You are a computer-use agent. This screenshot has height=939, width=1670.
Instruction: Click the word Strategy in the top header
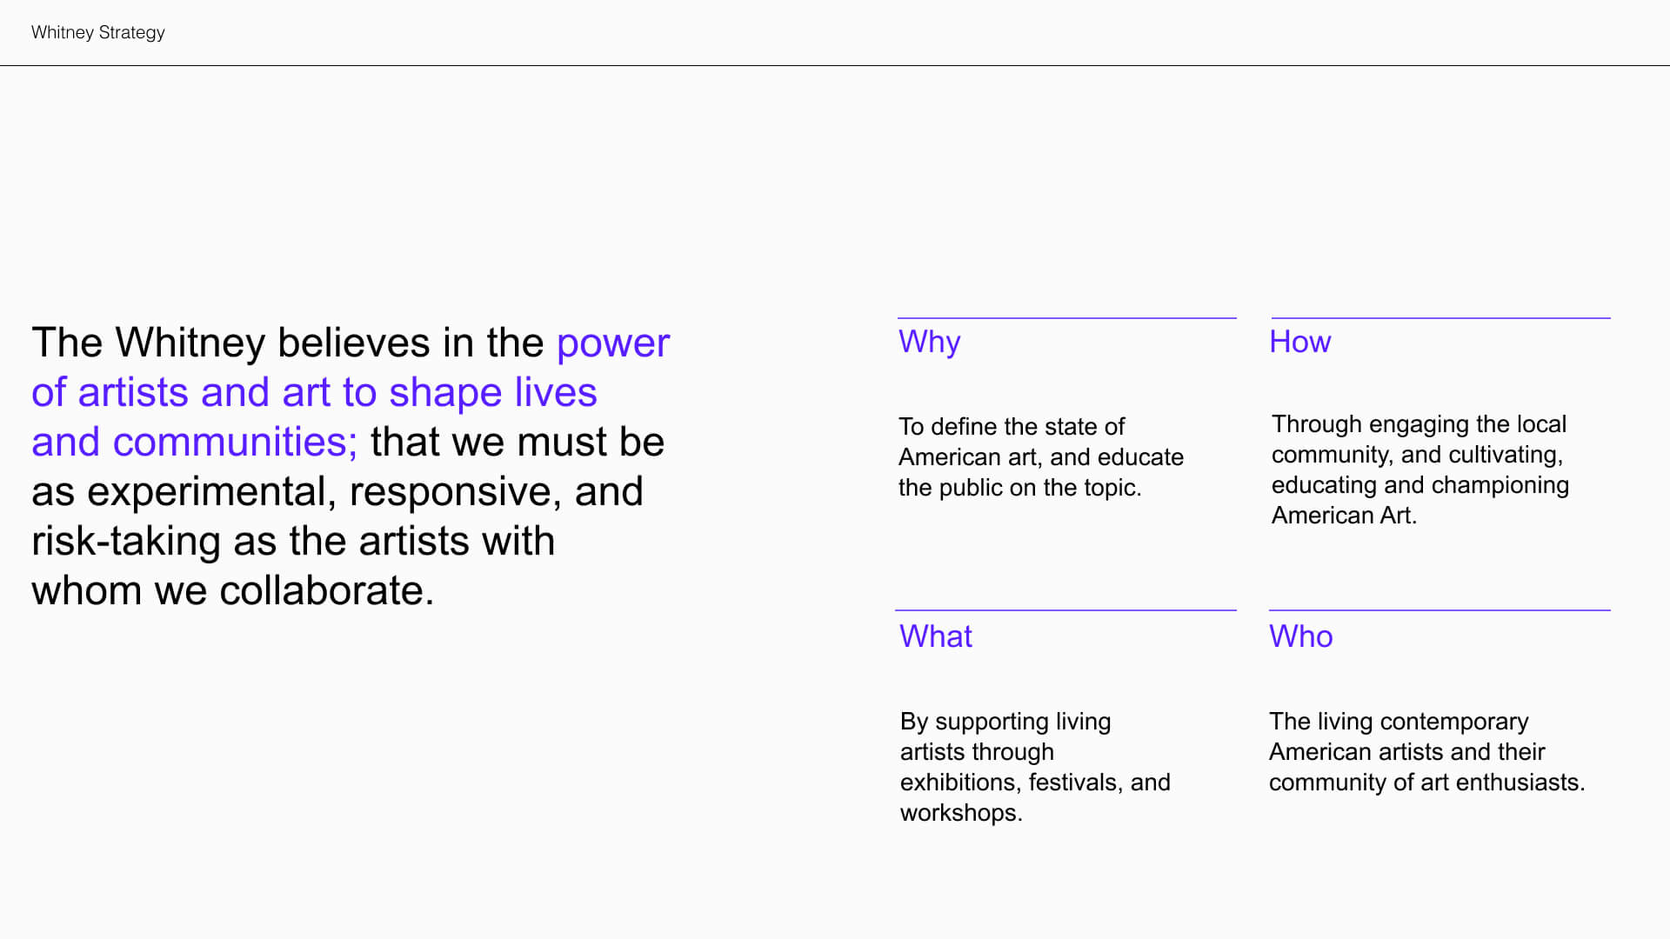(x=131, y=33)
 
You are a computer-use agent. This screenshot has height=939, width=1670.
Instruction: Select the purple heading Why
(x=929, y=343)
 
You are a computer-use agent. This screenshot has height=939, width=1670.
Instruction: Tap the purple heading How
(x=1299, y=342)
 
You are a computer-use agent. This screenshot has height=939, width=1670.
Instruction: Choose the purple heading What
(x=935, y=636)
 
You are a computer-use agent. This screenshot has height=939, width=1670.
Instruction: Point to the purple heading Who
(x=1300, y=636)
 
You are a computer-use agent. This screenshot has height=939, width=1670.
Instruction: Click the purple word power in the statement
(x=613, y=344)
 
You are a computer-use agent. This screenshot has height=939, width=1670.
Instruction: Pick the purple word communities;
(x=235, y=443)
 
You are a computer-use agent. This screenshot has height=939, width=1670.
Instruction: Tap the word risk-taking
(x=126, y=543)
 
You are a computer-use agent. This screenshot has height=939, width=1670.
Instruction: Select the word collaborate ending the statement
(x=326, y=591)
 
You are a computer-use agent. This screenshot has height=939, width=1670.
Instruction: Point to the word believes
(x=353, y=343)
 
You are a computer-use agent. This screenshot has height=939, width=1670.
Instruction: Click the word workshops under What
(x=961, y=813)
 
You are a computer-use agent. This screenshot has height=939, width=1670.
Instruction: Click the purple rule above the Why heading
(x=1067, y=318)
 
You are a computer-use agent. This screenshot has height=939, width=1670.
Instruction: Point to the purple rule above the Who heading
(x=1440, y=610)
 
